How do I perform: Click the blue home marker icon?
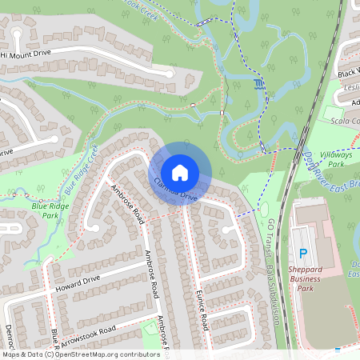[180, 172]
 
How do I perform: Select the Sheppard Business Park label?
[304, 274]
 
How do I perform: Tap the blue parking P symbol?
[303, 254]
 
